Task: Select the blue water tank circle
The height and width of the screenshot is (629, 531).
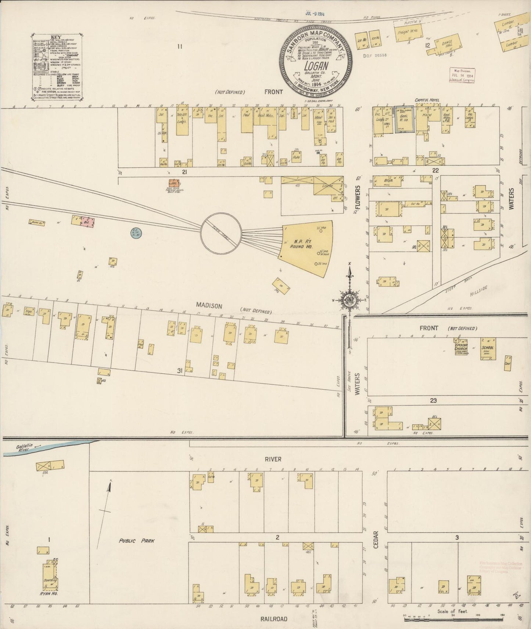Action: click(x=136, y=232)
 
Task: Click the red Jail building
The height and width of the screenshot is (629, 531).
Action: click(x=173, y=182)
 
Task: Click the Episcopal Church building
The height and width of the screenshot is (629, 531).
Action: click(x=461, y=347)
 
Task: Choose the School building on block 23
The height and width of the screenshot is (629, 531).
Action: click(x=489, y=348)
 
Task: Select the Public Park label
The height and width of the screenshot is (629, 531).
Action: click(x=136, y=541)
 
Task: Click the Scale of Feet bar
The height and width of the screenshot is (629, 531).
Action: click(x=453, y=619)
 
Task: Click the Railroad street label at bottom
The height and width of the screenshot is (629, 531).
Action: click(x=274, y=619)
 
